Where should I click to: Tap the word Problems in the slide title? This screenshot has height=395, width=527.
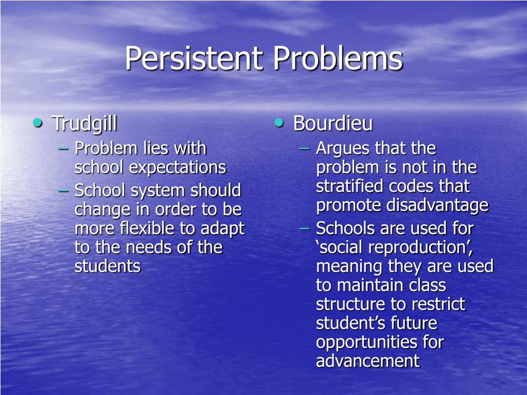tap(338, 58)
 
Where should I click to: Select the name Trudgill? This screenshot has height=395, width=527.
tap(84, 124)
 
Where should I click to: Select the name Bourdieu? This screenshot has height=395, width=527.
tap(333, 124)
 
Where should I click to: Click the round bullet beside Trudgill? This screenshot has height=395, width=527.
tap(37, 123)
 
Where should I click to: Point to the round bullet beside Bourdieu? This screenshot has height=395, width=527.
tap(278, 123)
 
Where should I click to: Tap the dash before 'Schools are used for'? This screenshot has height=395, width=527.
tap(304, 228)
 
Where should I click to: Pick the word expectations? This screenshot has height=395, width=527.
tap(178, 168)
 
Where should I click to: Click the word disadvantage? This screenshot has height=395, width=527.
tap(437, 205)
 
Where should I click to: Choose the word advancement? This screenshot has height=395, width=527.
tap(367, 361)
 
